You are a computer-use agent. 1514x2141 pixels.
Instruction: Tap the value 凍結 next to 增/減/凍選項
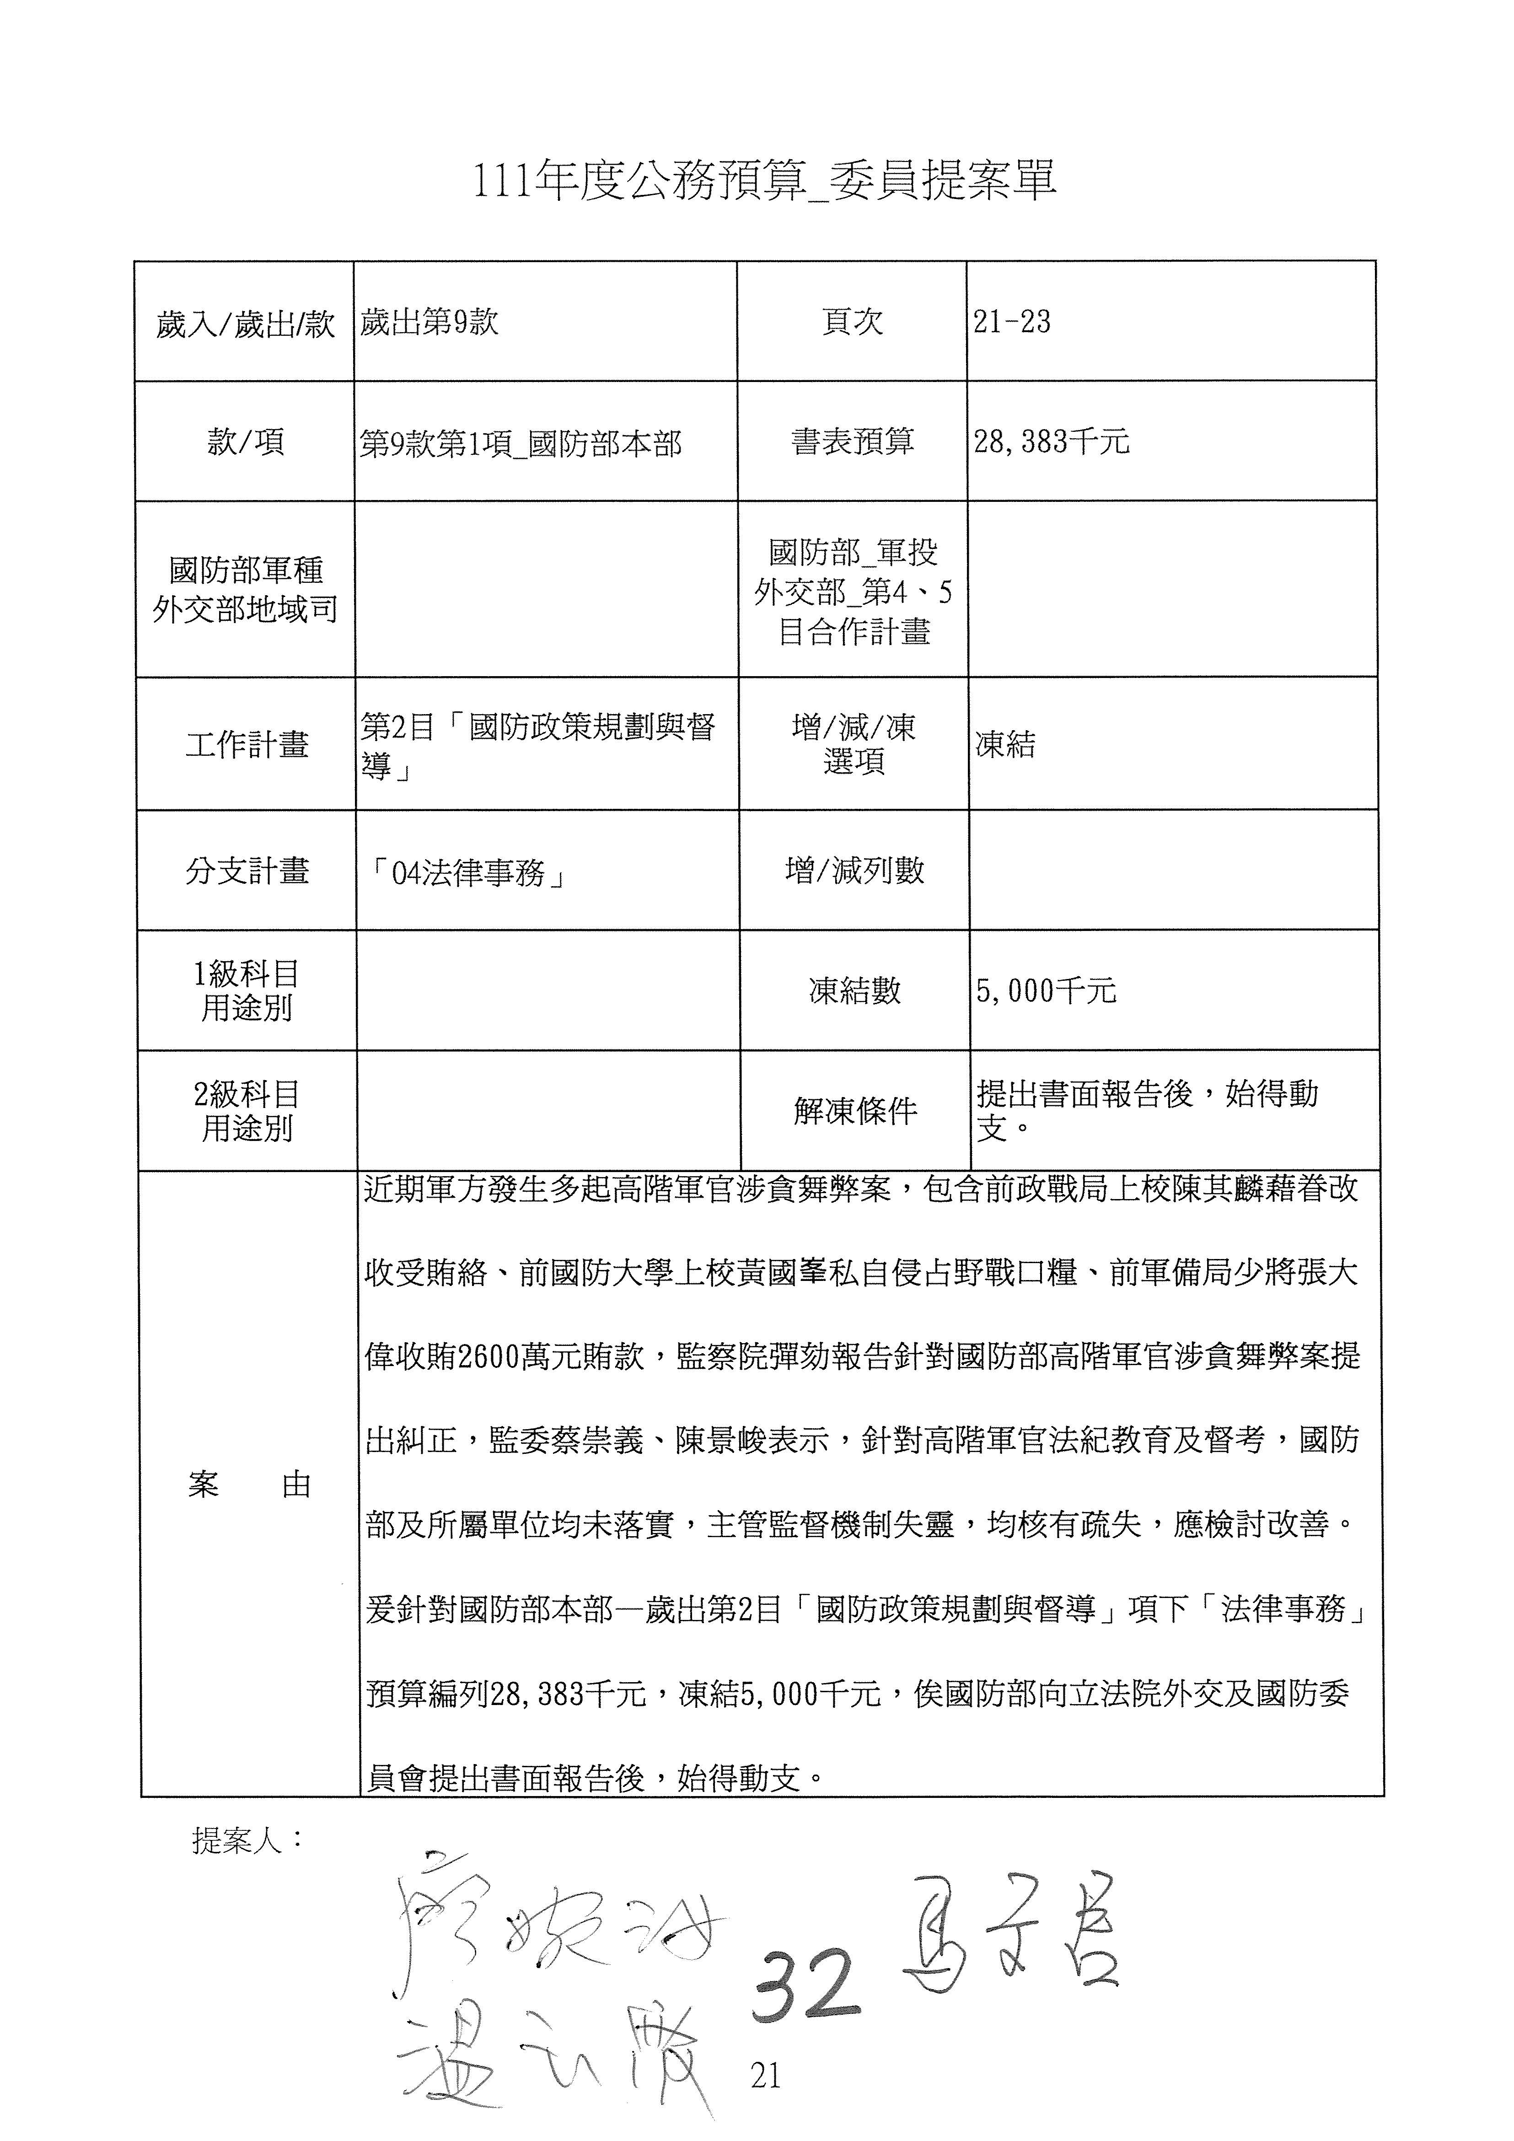(x=1005, y=744)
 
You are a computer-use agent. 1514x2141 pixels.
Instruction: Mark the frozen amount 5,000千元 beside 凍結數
(x=1046, y=990)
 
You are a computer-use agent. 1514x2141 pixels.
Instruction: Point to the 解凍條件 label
(x=855, y=1111)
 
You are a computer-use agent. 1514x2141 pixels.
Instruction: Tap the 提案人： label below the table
(x=247, y=1840)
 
